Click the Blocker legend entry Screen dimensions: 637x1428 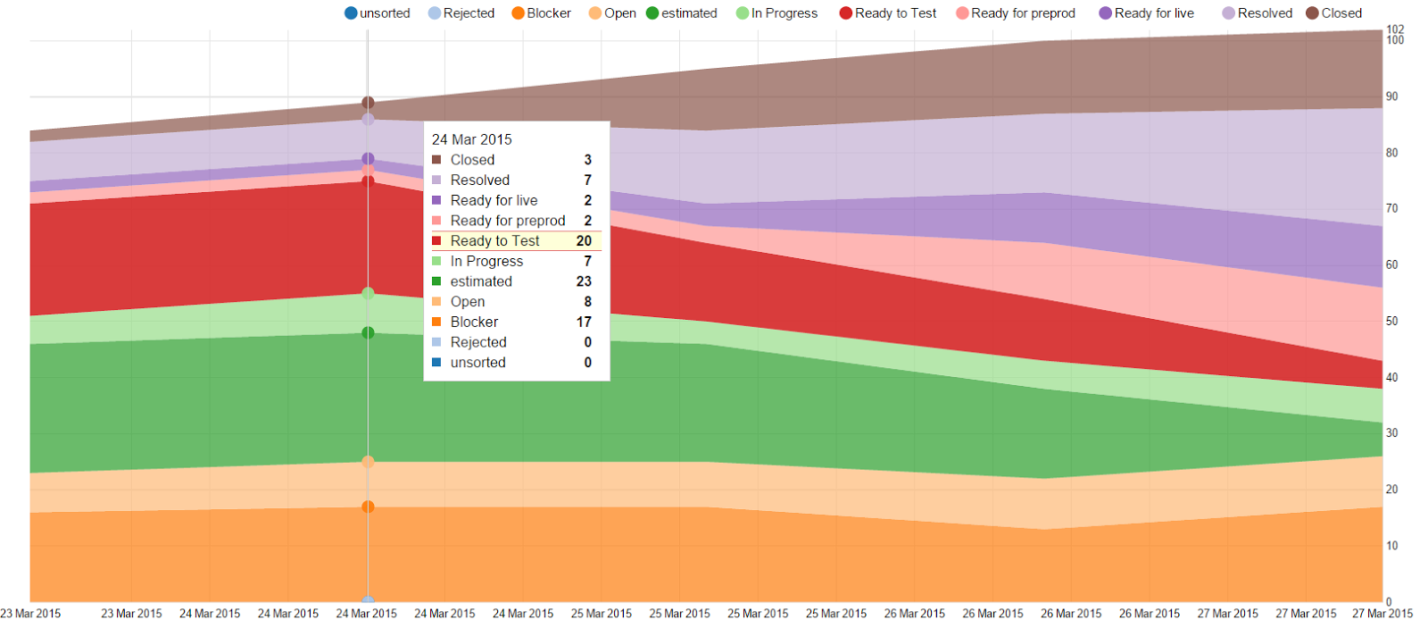(x=542, y=13)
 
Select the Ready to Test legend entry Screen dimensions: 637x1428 (x=888, y=13)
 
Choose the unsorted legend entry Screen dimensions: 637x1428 (x=378, y=13)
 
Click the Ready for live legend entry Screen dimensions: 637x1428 (x=1147, y=13)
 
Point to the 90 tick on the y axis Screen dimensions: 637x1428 (x=1391, y=96)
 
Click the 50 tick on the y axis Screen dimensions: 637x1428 (x=1391, y=321)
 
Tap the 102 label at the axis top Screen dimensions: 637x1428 (x=1395, y=29)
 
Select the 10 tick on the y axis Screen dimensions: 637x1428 (x=1391, y=546)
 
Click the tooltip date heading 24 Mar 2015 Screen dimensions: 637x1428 (x=472, y=139)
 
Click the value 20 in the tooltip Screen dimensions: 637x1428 (x=584, y=241)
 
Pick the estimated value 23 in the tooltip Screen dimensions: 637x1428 (x=584, y=281)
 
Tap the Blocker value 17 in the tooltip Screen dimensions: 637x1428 (x=584, y=322)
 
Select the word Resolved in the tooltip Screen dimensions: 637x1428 (x=480, y=180)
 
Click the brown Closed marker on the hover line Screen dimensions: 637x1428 (x=368, y=103)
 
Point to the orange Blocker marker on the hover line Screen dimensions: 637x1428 (x=368, y=507)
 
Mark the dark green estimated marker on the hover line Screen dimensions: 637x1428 (x=368, y=333)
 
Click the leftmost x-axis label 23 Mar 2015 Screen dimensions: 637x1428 (x=31, y=614)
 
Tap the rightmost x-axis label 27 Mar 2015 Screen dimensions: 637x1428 (x=1382, y=614)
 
